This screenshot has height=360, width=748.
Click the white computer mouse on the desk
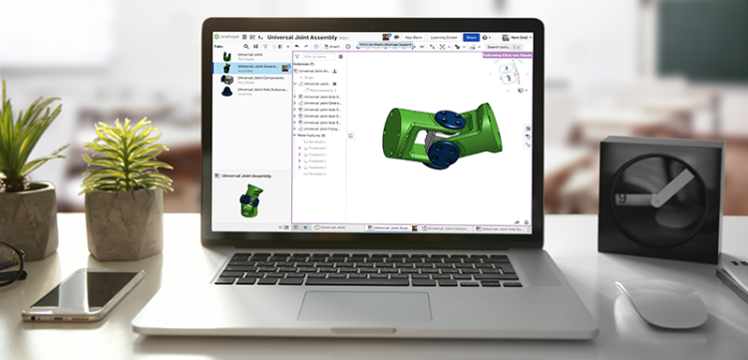tap(660, 303)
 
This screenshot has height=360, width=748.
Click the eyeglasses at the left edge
tap(10, 263)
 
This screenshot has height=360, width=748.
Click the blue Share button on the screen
tap(471, 37)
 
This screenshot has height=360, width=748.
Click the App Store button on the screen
tap(410, 37)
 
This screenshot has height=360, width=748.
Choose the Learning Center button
tap(443, 37)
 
